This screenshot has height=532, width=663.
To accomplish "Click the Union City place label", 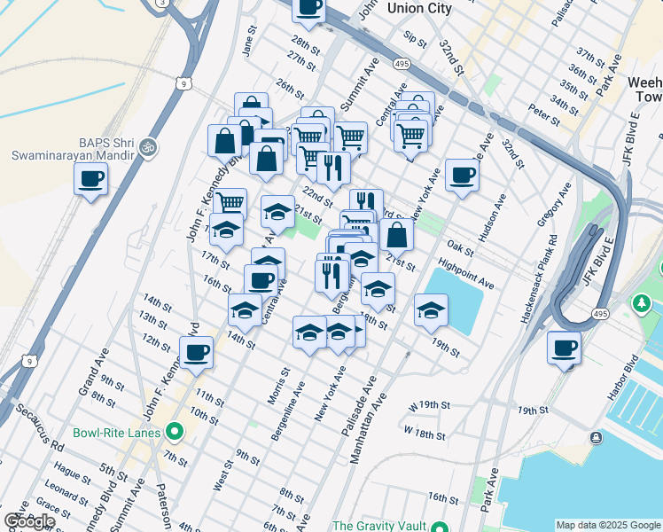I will click(x=419, y=8).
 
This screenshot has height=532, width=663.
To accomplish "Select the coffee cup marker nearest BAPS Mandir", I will click(x=90, y=180).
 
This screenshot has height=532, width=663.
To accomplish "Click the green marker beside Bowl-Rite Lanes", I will click(x=175, y=433).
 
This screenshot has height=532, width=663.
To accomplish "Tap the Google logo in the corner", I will click(x=29, y=521).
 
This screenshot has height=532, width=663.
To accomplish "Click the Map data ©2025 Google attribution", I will click(x=607, y=525).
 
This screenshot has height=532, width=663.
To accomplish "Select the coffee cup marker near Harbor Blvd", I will click(x=564, y=348).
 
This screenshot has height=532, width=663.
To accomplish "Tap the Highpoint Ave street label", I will click(x=466, y=273).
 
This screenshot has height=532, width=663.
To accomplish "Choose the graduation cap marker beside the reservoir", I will click(x=431, y=310).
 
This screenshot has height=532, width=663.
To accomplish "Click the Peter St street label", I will click(x=543, y=113).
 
